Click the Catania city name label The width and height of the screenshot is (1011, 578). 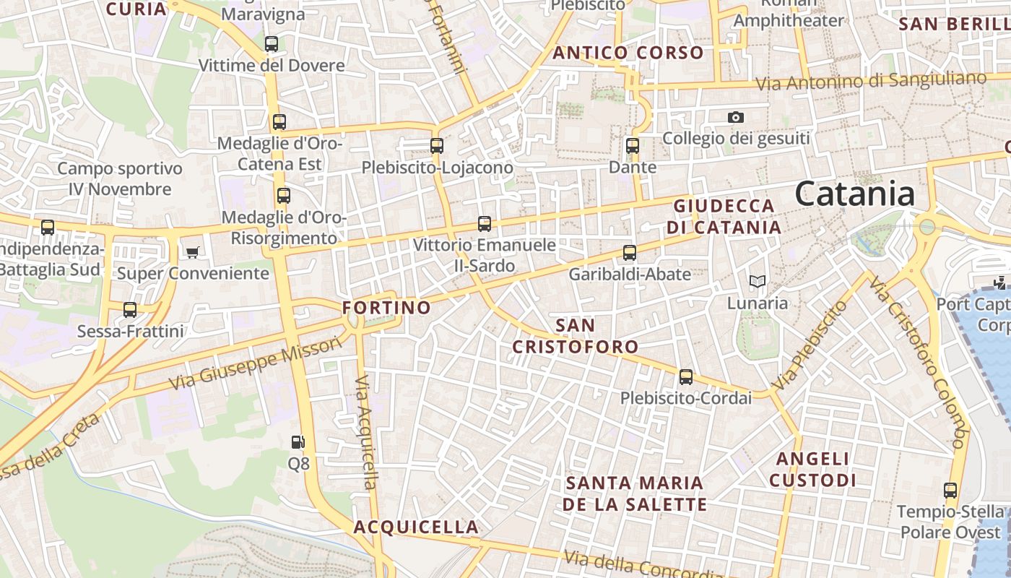[x=855, y=194]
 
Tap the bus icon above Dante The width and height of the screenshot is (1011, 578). [x=633, y=146]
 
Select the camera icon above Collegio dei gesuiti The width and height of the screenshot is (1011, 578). [x=735, y=117]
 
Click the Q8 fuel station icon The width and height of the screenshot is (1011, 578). [x=298, y=442]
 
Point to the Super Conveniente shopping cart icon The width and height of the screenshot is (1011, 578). [x=192, y=252]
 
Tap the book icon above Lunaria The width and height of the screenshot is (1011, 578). [x=757, y=281]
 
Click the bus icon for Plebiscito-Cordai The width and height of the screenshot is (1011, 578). [x=685, y=377]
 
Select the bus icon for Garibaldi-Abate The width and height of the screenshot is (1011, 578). [x=630, y=253]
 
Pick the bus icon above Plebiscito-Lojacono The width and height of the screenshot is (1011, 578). [x=437, y=146]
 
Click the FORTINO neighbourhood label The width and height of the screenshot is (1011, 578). [x=386, y=308]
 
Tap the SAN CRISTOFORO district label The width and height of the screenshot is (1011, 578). [x=575, y=336]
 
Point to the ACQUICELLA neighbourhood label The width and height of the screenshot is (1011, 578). [x=416, y=527]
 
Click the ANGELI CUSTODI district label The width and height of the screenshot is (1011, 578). [x=812, y=470]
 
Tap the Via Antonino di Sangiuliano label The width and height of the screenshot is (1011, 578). [x=871, y=82]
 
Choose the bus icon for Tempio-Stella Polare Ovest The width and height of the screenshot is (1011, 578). [x=950, y=491]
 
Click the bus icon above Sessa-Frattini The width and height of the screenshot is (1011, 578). [x=130, y=310]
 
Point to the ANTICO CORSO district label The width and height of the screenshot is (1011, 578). [x=628, y=53]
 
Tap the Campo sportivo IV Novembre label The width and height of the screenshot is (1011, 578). [x=120, y=179]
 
